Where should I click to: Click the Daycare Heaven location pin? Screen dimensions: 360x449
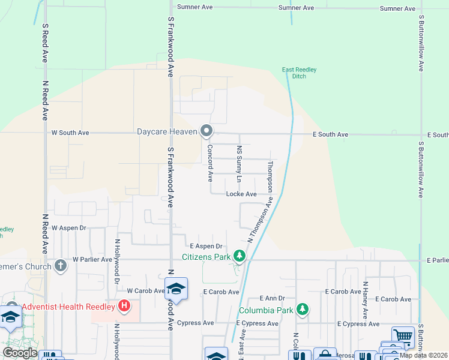click(207, 130)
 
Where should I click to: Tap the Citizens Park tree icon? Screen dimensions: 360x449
click(240, 257)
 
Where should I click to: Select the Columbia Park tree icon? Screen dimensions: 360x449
click(303, 310)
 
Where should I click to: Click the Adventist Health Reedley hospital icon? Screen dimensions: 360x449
click(124, 307)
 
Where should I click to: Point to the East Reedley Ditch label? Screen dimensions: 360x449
click(300, 73)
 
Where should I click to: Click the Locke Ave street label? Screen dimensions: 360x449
click(241, 194)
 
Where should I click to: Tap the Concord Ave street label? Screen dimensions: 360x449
click(210, 163)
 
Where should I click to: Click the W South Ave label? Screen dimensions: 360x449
click(70, 133)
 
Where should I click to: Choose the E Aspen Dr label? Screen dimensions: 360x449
click(206, 246)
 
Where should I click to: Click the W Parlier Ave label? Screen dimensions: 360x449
click(92, 259)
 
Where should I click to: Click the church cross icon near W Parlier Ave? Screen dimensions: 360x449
click(60, 265)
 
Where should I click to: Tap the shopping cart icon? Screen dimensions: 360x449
click(403, 336)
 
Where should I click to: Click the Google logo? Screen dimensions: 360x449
click(20, 353)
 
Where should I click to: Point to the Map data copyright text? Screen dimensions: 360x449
click(423, 355)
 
